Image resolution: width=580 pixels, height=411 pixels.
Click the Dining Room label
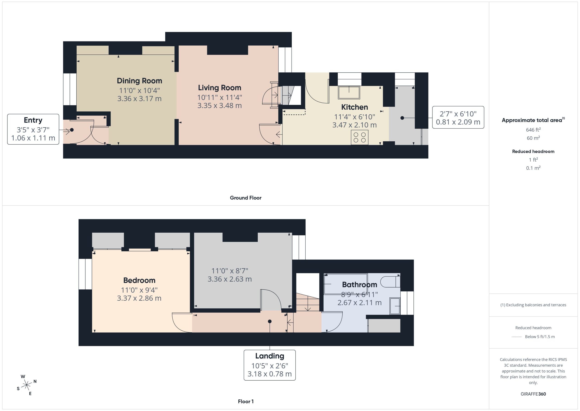139,81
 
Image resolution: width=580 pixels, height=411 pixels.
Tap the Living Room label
220,88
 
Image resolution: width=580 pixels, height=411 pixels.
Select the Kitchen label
354,107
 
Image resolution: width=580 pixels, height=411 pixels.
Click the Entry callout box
33,129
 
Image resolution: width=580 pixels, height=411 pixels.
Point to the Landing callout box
270,365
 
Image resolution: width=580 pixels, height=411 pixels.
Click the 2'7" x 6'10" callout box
458,117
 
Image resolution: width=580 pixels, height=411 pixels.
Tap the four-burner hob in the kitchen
360,138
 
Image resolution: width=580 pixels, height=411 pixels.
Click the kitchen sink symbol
349,92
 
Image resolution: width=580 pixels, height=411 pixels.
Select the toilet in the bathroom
390,282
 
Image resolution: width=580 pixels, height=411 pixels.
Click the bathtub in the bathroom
345,284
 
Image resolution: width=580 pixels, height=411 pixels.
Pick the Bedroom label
139,281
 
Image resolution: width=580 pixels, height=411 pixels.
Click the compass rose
27,385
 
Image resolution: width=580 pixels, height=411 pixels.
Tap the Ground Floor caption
246,198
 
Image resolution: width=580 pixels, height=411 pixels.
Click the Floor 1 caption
246,401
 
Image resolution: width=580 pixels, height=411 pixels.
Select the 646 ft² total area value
533,130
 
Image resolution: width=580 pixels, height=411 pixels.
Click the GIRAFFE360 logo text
533,394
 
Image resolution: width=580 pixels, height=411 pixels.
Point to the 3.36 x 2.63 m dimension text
230,279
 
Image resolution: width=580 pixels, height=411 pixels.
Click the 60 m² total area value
533,138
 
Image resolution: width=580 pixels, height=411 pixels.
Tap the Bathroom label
360,285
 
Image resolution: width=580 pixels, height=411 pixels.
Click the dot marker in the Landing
270,321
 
